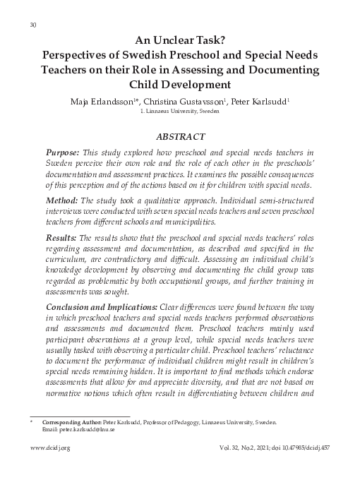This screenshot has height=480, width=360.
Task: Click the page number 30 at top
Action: pyautogui.click(x=33, y=26)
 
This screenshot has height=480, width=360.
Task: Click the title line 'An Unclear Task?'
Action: pyautogui.click(x=180, y=41)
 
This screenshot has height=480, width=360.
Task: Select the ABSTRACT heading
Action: pyautogui.click(x=180, y=136)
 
